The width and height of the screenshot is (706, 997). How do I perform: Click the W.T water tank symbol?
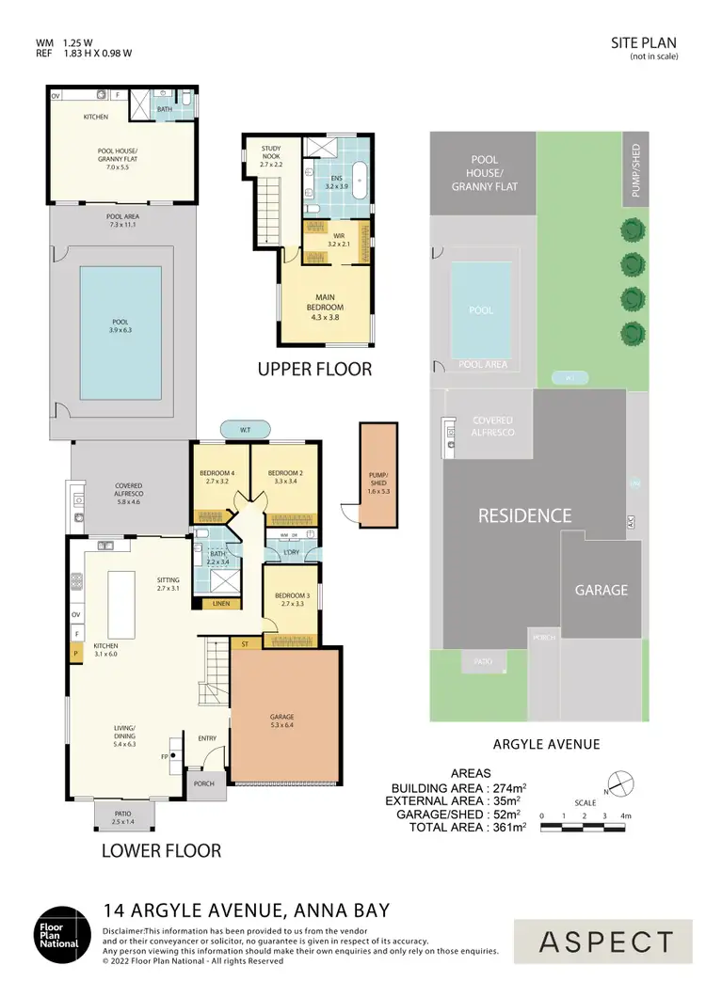pyautogui.click(x=245, y=430)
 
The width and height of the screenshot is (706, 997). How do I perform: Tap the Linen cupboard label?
pyautogui.click(x=221, y=603)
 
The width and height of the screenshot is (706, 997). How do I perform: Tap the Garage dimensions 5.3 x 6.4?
pyautogui.click(x=281, y=725)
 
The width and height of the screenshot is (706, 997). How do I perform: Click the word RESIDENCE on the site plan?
pyautogui.click(x=524, y=515)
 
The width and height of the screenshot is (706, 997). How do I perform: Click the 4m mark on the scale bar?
pyautogui.click(x=624, y=815)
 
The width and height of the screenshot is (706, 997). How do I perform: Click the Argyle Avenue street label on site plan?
pyautogui.click(x=553, y=744)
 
